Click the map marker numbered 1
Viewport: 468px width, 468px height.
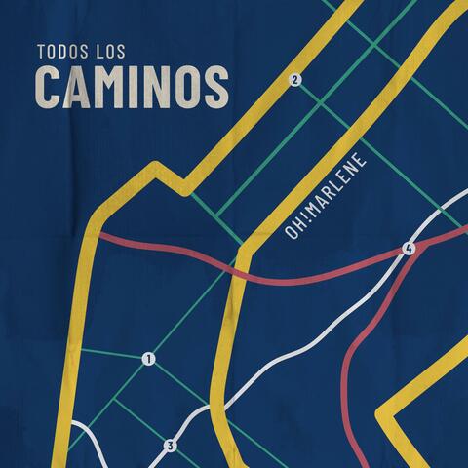[x=148, y=359]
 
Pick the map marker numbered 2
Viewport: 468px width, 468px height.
[x=295, y=80]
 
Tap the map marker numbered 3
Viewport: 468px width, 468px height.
[x=170, y=446]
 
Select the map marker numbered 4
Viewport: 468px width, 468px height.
[x=409, y=251]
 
